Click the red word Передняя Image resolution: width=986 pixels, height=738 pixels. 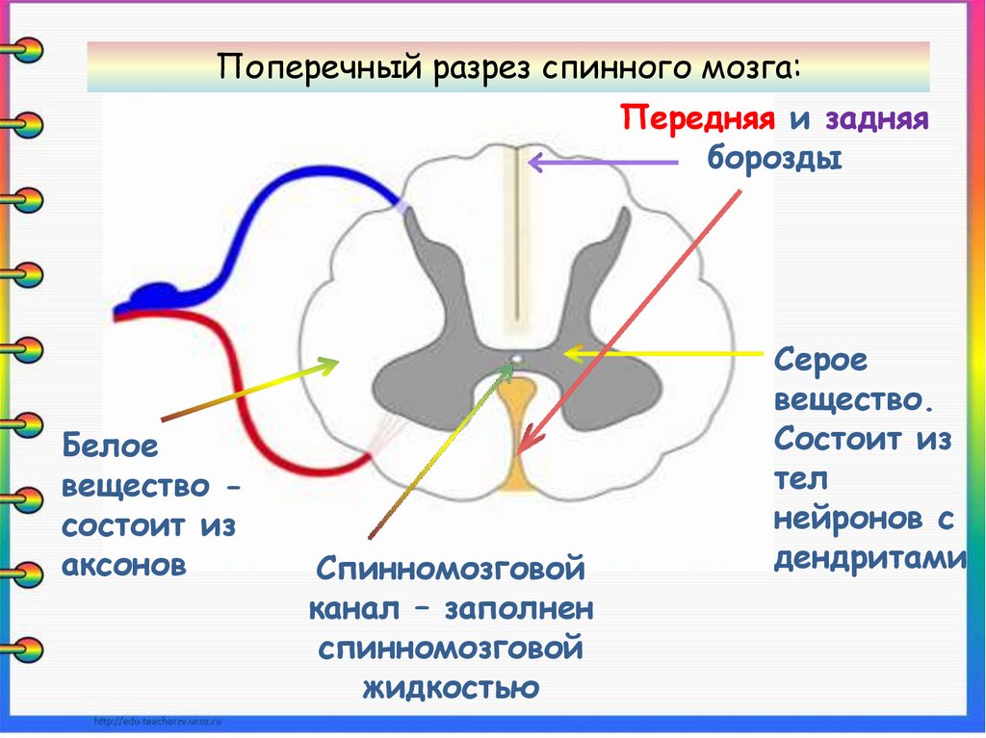[x=698, y=120]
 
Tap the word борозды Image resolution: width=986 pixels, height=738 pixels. [x=775, y=157]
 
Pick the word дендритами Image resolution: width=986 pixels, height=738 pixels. [x=870, y=558]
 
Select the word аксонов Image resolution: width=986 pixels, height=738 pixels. [x=123, y=566]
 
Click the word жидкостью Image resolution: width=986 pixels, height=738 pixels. [x=450, y=687]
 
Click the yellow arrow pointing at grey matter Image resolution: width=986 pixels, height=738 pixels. [x=664, y=354]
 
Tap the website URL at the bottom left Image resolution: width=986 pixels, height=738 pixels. [x=158, y=721]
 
